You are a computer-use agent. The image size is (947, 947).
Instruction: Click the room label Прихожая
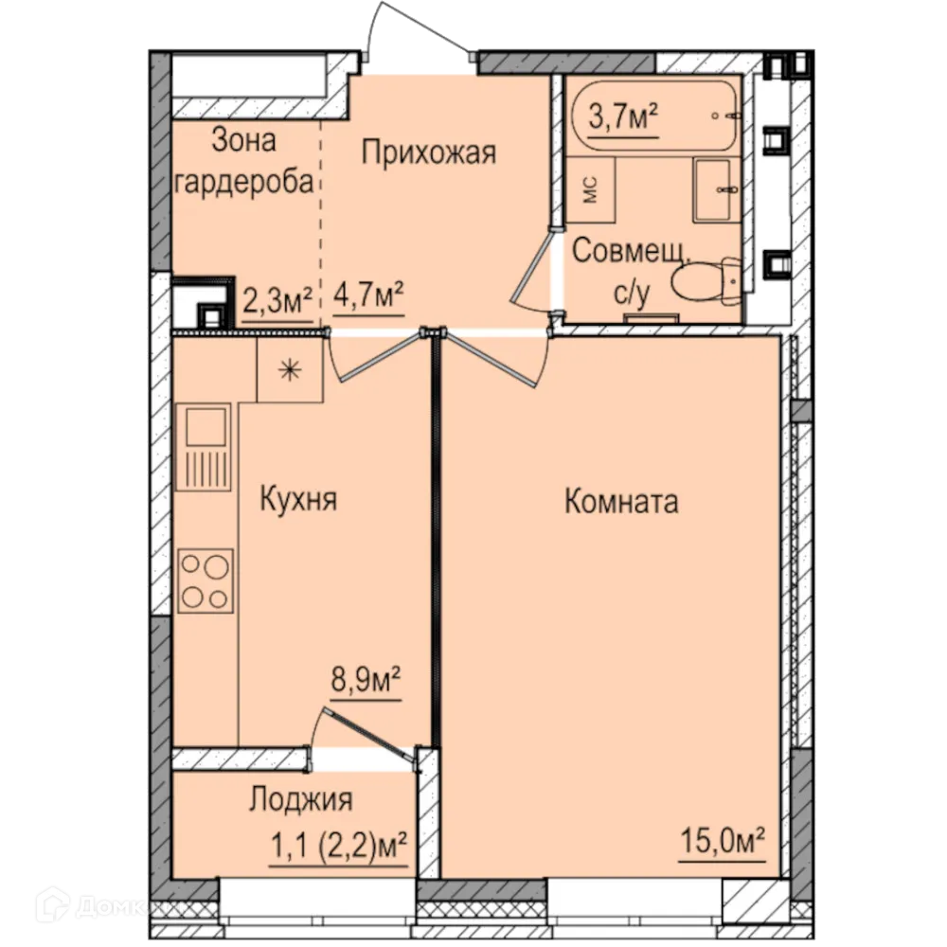pos(429,152)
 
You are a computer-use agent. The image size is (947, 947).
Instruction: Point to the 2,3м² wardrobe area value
pos(278,302)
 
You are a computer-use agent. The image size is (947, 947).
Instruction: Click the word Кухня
pos(298,500)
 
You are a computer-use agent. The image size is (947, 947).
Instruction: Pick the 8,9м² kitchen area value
pos(366,680)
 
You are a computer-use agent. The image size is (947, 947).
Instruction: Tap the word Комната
pos(621,501)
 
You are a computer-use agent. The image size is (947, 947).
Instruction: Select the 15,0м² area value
pos(722,840)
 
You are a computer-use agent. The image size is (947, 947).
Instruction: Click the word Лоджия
pos(300,799)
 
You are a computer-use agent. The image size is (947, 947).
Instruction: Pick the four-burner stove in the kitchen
pos(205,581)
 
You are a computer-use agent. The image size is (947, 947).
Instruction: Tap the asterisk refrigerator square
pos(290,370)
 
